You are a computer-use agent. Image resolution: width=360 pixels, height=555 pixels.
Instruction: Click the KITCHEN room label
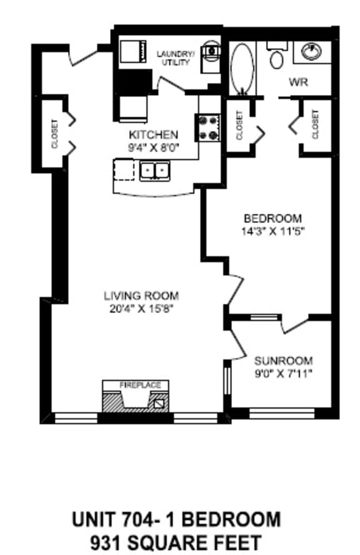coord(154,134)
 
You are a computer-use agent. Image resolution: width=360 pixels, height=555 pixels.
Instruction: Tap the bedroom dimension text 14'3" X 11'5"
coord(273,229)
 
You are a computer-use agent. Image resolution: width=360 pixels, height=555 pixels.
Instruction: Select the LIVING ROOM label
coord(141,296)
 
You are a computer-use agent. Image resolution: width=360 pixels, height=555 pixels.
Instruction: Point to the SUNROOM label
coord(283,361)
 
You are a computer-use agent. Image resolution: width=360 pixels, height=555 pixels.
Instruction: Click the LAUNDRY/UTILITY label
coord(176,57)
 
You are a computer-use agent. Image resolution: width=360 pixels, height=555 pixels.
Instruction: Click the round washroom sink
coord(310,51)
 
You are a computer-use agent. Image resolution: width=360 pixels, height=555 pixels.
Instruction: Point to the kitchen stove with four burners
coord(209,127)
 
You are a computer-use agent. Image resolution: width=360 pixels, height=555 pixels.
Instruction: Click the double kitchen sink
coord(155,169)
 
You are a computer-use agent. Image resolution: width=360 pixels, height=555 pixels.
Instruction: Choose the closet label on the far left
coord(54,134)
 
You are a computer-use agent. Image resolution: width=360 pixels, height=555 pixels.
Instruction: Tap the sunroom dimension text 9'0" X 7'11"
coord(283,373)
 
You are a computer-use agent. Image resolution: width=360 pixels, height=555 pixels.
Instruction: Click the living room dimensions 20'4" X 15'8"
coord(141,307)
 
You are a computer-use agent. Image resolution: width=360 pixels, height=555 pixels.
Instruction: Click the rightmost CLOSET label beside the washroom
coord(315,124)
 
